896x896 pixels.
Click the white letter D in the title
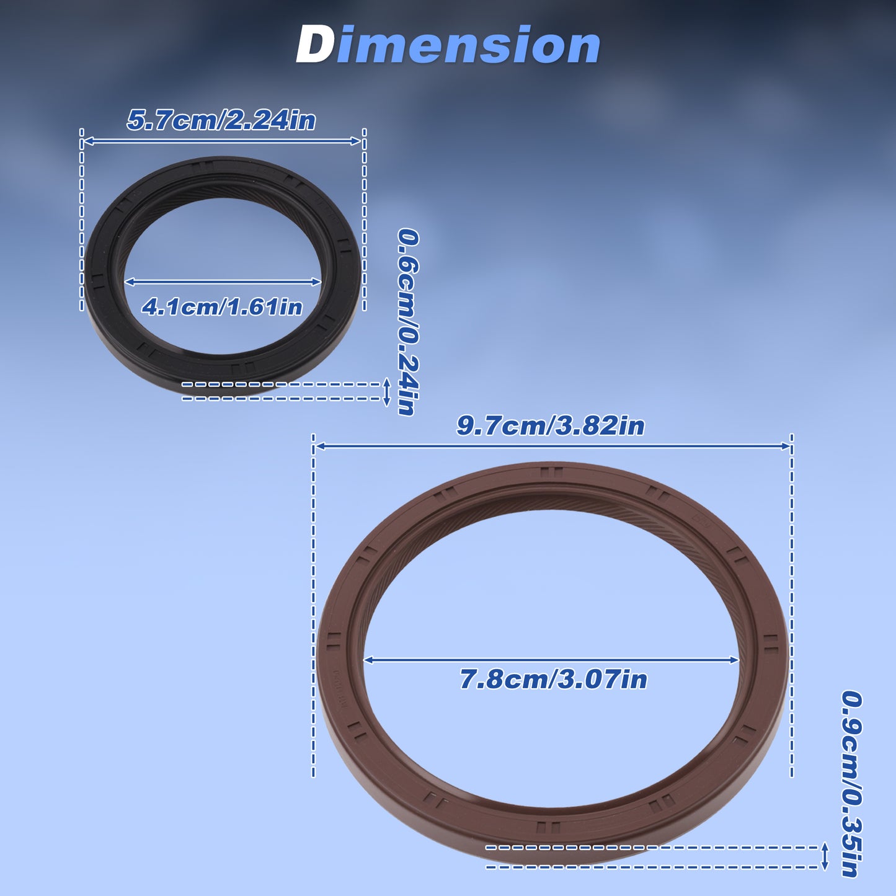(x=314, y=45)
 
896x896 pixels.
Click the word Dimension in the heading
(x=448, y=45)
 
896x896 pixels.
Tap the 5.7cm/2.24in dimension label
(x=221, y=120)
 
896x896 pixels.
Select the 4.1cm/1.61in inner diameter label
(x=222, y=307)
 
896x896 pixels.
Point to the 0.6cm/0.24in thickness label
(x=408, y=322)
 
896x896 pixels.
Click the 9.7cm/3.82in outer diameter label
(x=551, y=426)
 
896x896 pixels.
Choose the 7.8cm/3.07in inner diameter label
(x=553, y=679)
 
